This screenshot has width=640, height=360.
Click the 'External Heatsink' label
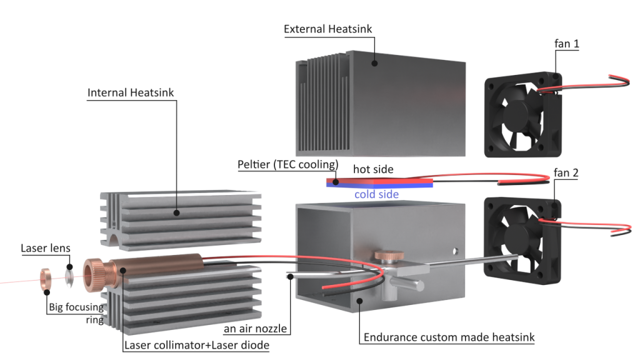(x=327, y=29)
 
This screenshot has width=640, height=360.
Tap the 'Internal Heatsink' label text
(x=131, y=93)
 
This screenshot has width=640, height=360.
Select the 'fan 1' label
(x=566, y=44)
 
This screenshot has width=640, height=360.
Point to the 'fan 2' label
(x=566, y=173)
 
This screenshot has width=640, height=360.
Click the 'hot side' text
(x=373, y=169)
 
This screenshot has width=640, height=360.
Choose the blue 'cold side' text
(x=376, y=194)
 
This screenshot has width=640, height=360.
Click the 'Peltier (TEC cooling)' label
(x=287, y=164)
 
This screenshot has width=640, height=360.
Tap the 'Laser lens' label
(x=45, y=248)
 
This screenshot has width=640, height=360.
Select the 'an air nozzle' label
(x=255, y=329)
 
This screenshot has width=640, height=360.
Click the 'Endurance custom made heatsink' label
(x=449, y=337)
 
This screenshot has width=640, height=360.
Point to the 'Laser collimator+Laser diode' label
(x=197, y=345)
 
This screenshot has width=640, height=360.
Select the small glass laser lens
(x=69, y=277)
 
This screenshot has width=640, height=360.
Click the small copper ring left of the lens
(x=46, y=279)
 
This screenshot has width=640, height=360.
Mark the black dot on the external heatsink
(x=374, y=63)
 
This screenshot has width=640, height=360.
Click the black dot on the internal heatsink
(x=176, y=212)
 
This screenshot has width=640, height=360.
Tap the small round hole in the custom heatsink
(x=455, y=251)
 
